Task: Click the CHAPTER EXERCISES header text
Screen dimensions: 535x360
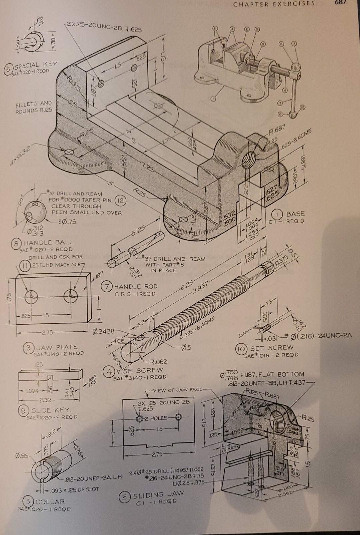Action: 274,4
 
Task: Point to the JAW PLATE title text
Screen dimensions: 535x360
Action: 56,347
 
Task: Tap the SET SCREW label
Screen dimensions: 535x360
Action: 272,348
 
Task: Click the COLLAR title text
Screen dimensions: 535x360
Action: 50,501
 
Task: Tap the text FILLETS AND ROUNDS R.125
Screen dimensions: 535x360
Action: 34,107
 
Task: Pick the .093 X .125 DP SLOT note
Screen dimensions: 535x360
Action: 73,489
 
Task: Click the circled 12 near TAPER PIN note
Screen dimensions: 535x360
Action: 120,200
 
